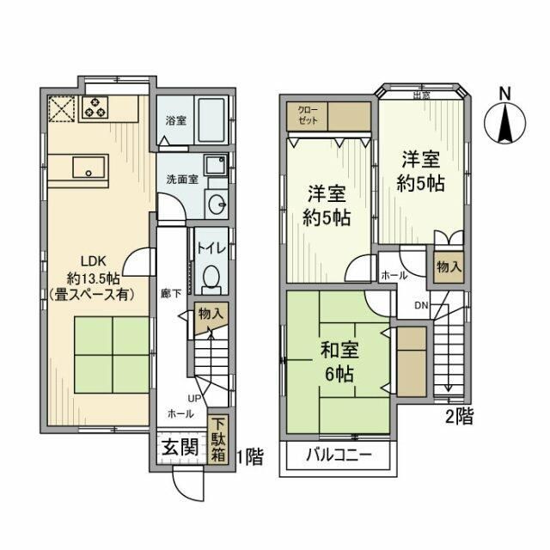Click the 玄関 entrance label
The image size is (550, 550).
tap(180, 448)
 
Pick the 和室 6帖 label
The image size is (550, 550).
tap(339, 363)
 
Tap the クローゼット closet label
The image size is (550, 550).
tap(307, 116)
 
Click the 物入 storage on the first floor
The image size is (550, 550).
tap(211, 315)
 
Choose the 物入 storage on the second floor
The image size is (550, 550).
tap(449, 266)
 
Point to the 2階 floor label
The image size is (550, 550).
tap(459, 418)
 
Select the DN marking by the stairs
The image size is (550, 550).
tap(421, 305)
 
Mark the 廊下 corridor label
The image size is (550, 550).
tap(170, 293)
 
